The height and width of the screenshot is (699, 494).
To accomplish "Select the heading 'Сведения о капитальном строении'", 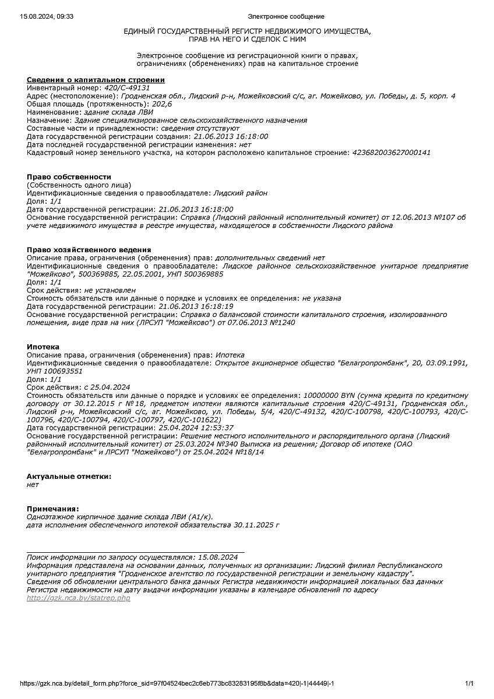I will tap(96, 80).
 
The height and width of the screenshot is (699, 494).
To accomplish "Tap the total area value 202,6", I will tap(162, 104).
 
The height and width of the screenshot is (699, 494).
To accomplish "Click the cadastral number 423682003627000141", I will tap(391, 153).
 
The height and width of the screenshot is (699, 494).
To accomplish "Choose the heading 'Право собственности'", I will tap(69, 176).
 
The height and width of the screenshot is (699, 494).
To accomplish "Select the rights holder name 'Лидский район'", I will tap(241, 193).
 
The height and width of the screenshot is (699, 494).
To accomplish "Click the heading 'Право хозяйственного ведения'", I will tap(89, 249).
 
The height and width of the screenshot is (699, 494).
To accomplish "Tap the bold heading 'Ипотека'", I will tap(43, 347).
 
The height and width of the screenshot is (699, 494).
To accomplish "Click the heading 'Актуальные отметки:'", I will tap(69, 476).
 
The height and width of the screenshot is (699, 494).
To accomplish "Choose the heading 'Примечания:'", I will tap(52, 509).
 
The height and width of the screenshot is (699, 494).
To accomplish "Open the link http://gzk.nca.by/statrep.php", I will tap(79, 598).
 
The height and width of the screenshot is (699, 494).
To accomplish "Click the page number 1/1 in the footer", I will tap(469, 683).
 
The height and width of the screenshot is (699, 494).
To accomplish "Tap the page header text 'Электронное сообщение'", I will tap(286, 16).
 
